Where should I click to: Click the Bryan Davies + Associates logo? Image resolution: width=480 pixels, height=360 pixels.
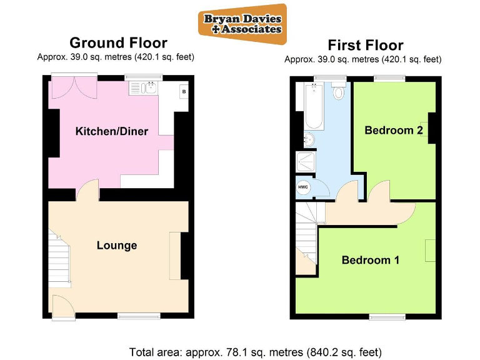click(x=242, y=24)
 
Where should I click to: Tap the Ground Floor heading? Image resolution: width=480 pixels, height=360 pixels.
click(x=118, y=43)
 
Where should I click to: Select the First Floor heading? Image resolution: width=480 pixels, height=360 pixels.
click(x=366, y=45)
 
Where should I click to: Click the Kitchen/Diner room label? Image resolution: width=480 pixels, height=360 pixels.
click(x=112, y=131)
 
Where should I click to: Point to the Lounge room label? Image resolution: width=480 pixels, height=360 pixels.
click(x=117, y=246)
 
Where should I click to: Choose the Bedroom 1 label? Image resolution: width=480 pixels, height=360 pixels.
click(x=370, y=260)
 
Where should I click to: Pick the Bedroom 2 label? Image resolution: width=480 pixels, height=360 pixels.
click(x=394, y=131)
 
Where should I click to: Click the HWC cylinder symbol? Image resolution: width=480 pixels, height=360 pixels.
click(x=302, y=187)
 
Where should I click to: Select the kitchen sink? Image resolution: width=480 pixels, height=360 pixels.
click(x=151, y=88)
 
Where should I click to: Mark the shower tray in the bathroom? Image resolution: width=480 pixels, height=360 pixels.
click(x=306, y=162)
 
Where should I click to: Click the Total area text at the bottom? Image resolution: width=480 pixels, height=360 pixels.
click(x=255, y=351)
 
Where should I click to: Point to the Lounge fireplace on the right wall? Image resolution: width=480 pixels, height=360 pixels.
click(x=175, y=255)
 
